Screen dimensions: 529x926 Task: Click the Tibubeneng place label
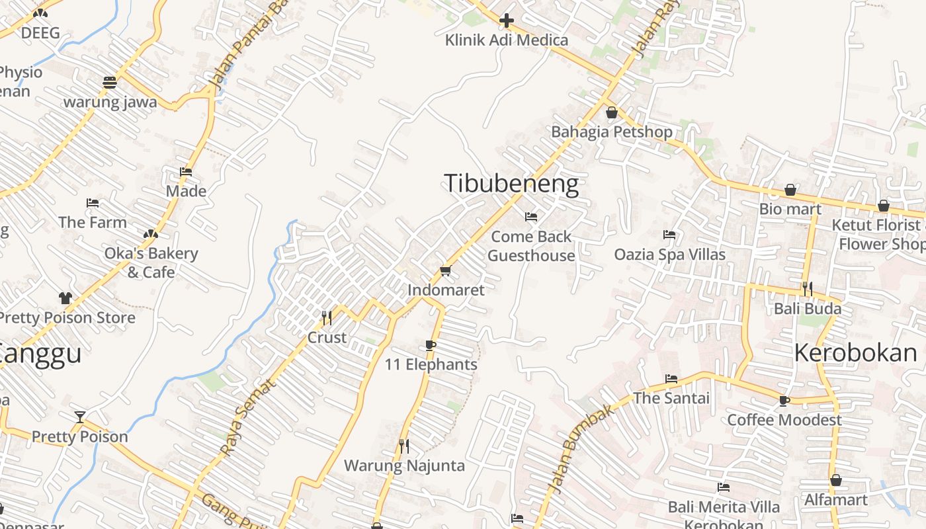pos(511,183)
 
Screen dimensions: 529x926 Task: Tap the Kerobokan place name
pos(856,353)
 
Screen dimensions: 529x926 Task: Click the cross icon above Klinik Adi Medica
pos(507,21)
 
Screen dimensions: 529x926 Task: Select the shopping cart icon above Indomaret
pos(445,271)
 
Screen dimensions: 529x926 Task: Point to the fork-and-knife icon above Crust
pos(327,318)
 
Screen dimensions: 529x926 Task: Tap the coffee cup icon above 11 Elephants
pos(431,345)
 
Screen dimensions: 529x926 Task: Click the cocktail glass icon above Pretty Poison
pos(80,417)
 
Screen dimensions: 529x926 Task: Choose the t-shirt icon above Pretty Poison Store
pos(65,298)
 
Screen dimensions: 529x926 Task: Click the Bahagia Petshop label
pos(612,132)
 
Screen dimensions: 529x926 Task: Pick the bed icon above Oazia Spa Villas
pos(669,235)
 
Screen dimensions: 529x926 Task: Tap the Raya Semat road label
pos(246,417)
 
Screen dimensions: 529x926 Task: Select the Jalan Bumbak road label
pos(581,450)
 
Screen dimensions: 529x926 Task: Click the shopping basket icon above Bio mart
pos(790,190)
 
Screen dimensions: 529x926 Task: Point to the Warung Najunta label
pos(404,466)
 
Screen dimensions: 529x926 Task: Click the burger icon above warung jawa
pos(110,83)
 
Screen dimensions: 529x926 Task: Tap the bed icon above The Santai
pos(671,379)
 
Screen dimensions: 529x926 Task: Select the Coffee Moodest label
pos(784,420)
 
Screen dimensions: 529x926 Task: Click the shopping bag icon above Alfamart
pos(836,480)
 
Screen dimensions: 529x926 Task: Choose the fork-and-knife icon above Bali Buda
pos(808,289)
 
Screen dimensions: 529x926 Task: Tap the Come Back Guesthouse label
pos(531,246)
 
